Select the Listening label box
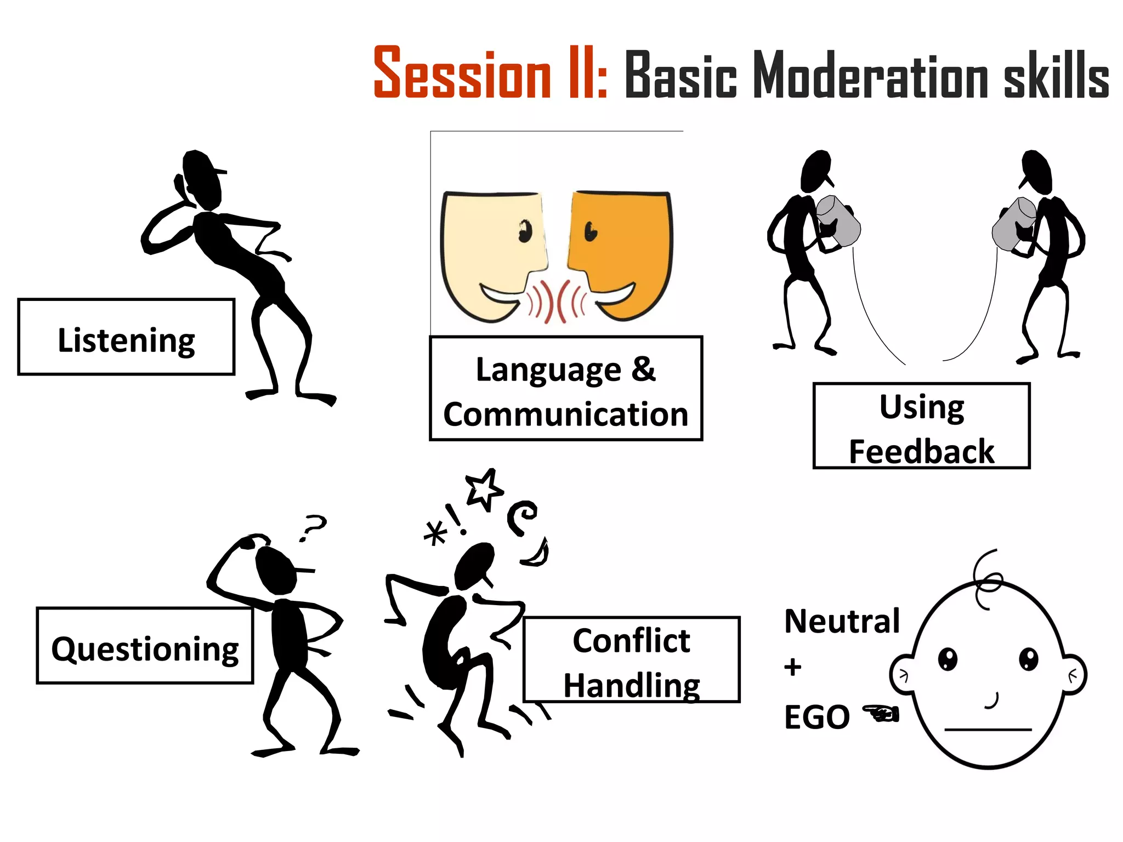point(126,337)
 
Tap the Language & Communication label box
point(565,389)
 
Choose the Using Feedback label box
point(921,426)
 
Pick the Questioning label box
point(145,646)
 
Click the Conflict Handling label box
point(631,659)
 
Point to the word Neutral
point(842,621)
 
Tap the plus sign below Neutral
point(792,667)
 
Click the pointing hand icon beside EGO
point(881,713)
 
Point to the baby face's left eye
point(948,658)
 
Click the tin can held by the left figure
point(837,221)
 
